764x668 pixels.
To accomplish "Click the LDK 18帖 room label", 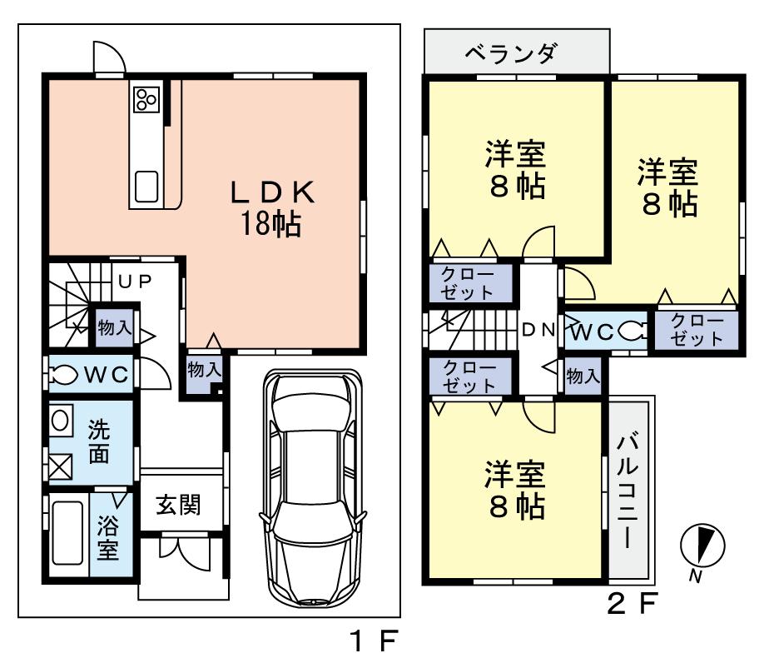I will (x=271, y=208).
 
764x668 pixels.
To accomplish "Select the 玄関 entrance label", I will (x=178, y=505).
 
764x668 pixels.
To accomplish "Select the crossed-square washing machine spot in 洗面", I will (x=61, y=466).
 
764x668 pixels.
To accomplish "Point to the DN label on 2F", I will (x=538, y=330).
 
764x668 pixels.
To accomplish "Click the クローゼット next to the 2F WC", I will (x=696, y=330).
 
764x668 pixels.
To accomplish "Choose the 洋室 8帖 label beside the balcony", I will (x=516, y=491).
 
